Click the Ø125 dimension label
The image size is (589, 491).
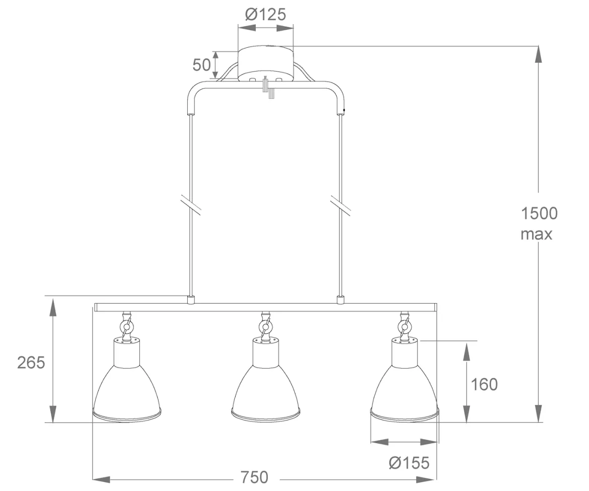pyautogui.click(x=266, y=14)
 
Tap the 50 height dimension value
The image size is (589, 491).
pyautogui.click(x=201, y=64)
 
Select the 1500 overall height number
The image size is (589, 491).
pyautogui.click(x=539, y=214)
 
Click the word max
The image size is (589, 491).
pyautogui.click(x=537, y=234)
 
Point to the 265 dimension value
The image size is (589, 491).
pyautogui.click(x=31, y=363)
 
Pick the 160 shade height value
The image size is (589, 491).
pyautogui.click(x=484, y=384)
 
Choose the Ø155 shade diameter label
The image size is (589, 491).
pyautogui.click(x=409, y=462)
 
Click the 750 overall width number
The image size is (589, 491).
pyautogui.click(x=254, y=477)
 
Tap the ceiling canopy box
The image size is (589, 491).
pyautogui.click(x=266, y=63)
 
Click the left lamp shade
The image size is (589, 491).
pyautogui.click(x=127, y=379)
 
